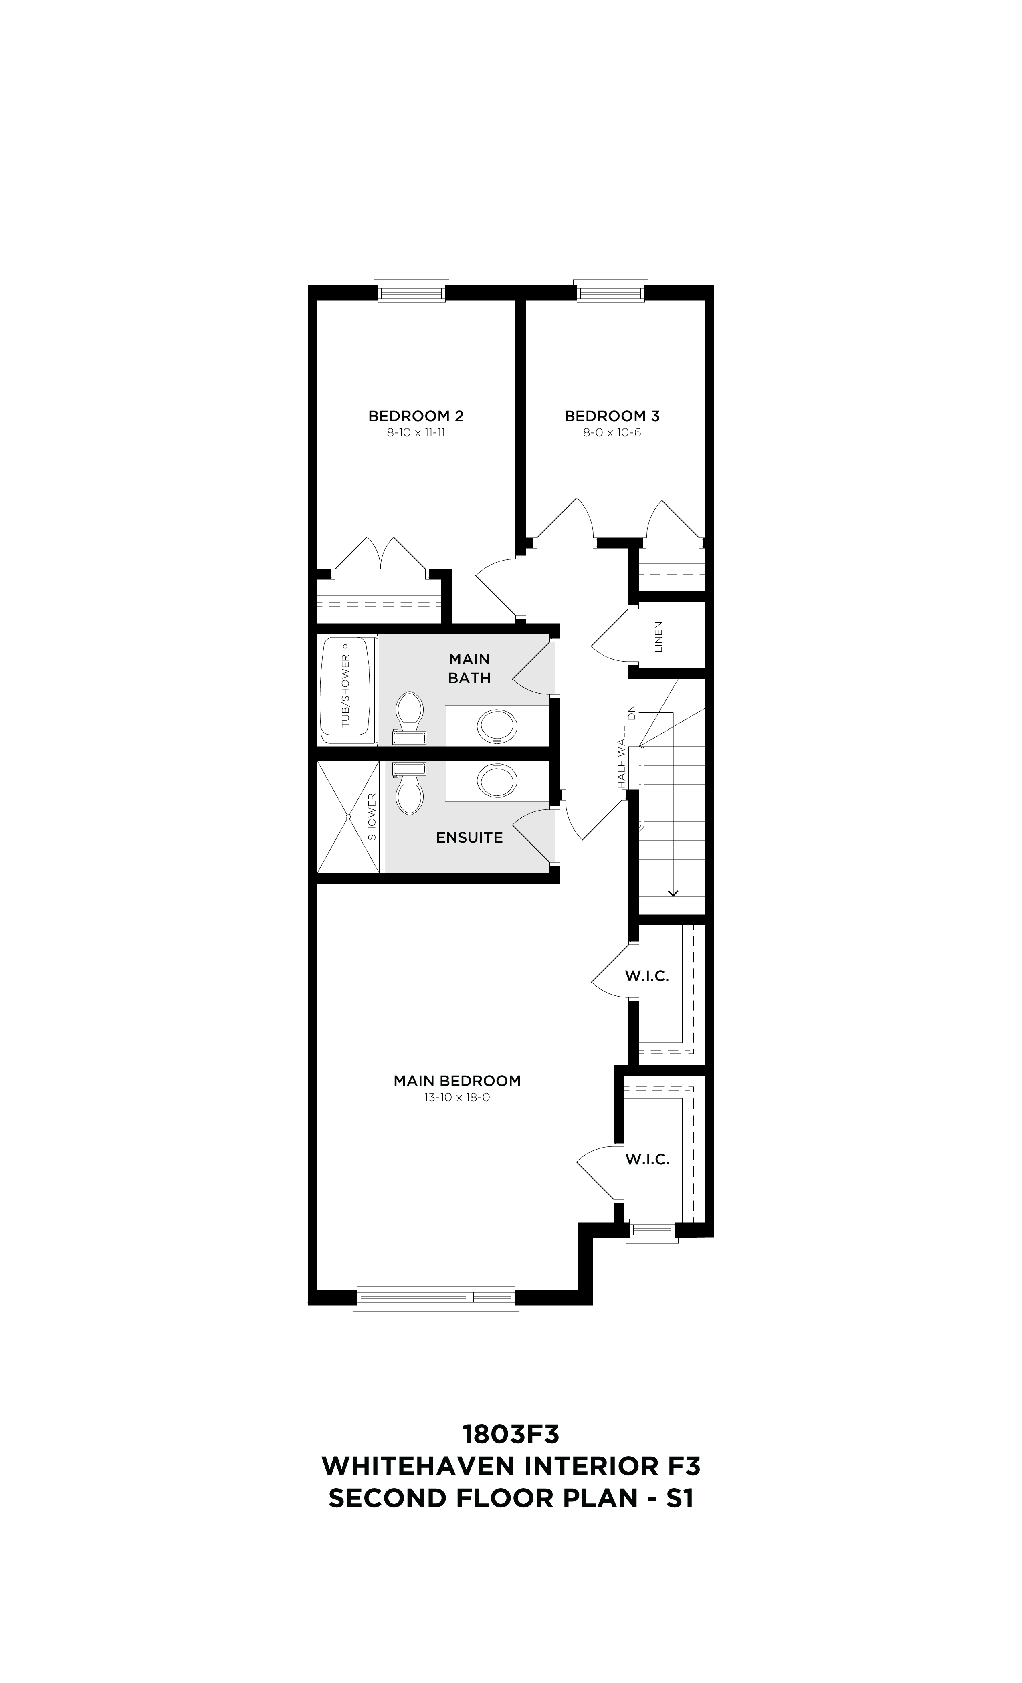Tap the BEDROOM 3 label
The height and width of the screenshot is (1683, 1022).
pyautogui.click(x=612, y=416)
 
